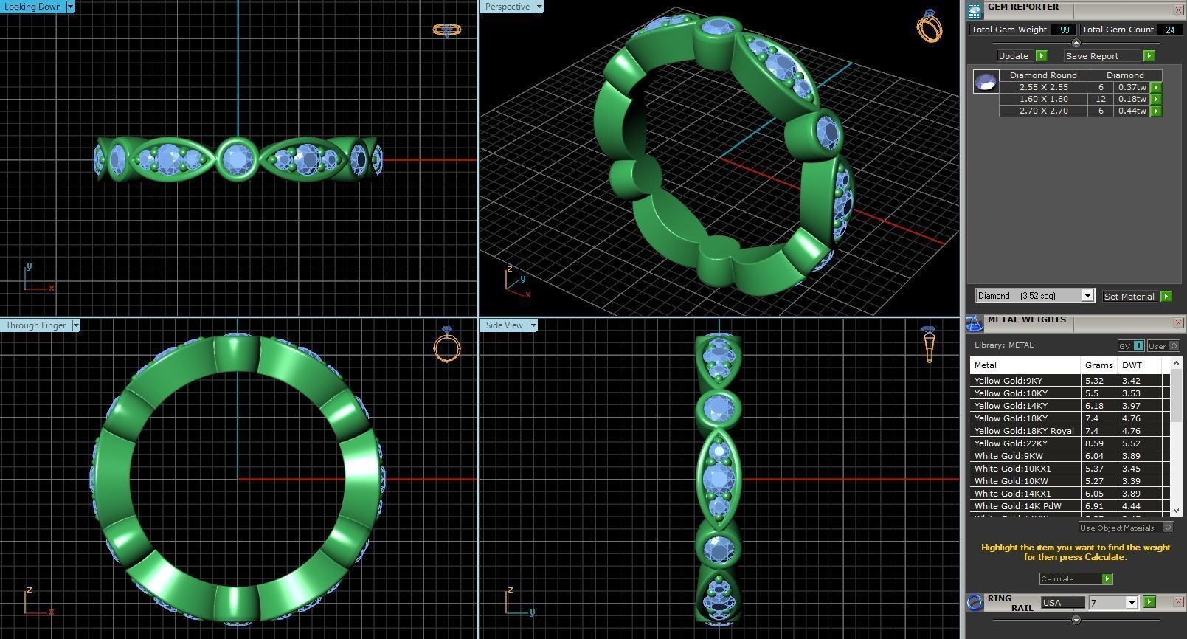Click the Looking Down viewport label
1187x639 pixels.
[32, 7]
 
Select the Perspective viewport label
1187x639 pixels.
[508, 7]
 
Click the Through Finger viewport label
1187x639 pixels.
[35, 325]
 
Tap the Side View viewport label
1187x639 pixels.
[504, 325]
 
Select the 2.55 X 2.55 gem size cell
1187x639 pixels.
[1043, 87]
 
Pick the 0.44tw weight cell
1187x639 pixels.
[1132, 111]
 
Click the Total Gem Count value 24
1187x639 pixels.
[1169, 30]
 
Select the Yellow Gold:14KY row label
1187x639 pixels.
[1011, 406]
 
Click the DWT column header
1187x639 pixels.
[1132, 365]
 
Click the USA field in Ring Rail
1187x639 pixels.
[1062, 603]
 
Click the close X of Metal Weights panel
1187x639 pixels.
[1177, 322]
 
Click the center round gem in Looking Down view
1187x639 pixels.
[238, 158]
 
